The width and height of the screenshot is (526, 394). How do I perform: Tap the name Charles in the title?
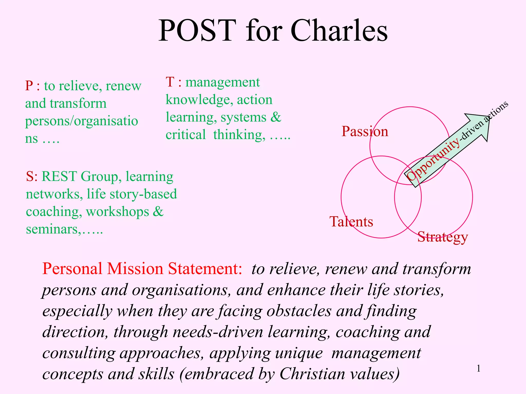point(339,31)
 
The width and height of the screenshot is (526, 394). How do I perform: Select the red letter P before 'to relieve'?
point(29,86)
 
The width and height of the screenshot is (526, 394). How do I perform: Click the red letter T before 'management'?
point(170,82)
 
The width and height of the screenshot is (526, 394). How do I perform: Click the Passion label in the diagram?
point(365,132)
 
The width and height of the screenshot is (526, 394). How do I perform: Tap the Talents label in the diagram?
point(351,222)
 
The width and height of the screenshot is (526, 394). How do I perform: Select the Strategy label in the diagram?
point(443,237)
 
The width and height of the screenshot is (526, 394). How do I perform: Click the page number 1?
point(478,369)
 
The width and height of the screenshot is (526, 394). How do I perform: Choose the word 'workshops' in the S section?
point(117,212)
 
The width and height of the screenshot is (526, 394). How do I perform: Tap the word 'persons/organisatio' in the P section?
point(81,121)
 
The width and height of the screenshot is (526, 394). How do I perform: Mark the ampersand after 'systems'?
point(276,117)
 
